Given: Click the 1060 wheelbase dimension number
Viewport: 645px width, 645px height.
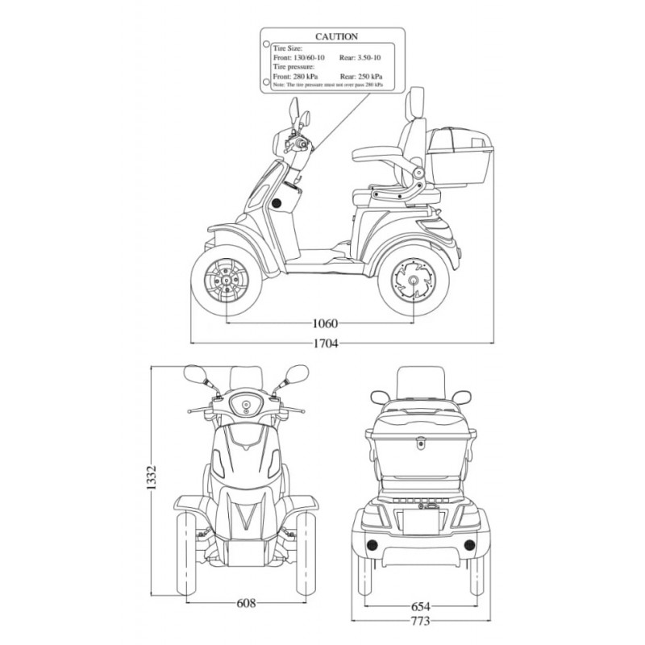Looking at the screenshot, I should click(x=324, y=324).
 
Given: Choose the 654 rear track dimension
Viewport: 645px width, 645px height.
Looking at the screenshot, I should click(x=419, y=606).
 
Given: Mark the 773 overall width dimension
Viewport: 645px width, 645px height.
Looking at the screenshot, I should click(x=419, y=622).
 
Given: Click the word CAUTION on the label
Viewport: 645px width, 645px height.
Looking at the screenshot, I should click(x=337, y=37).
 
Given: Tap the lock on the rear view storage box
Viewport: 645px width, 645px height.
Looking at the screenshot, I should click(x=419, y=442).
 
